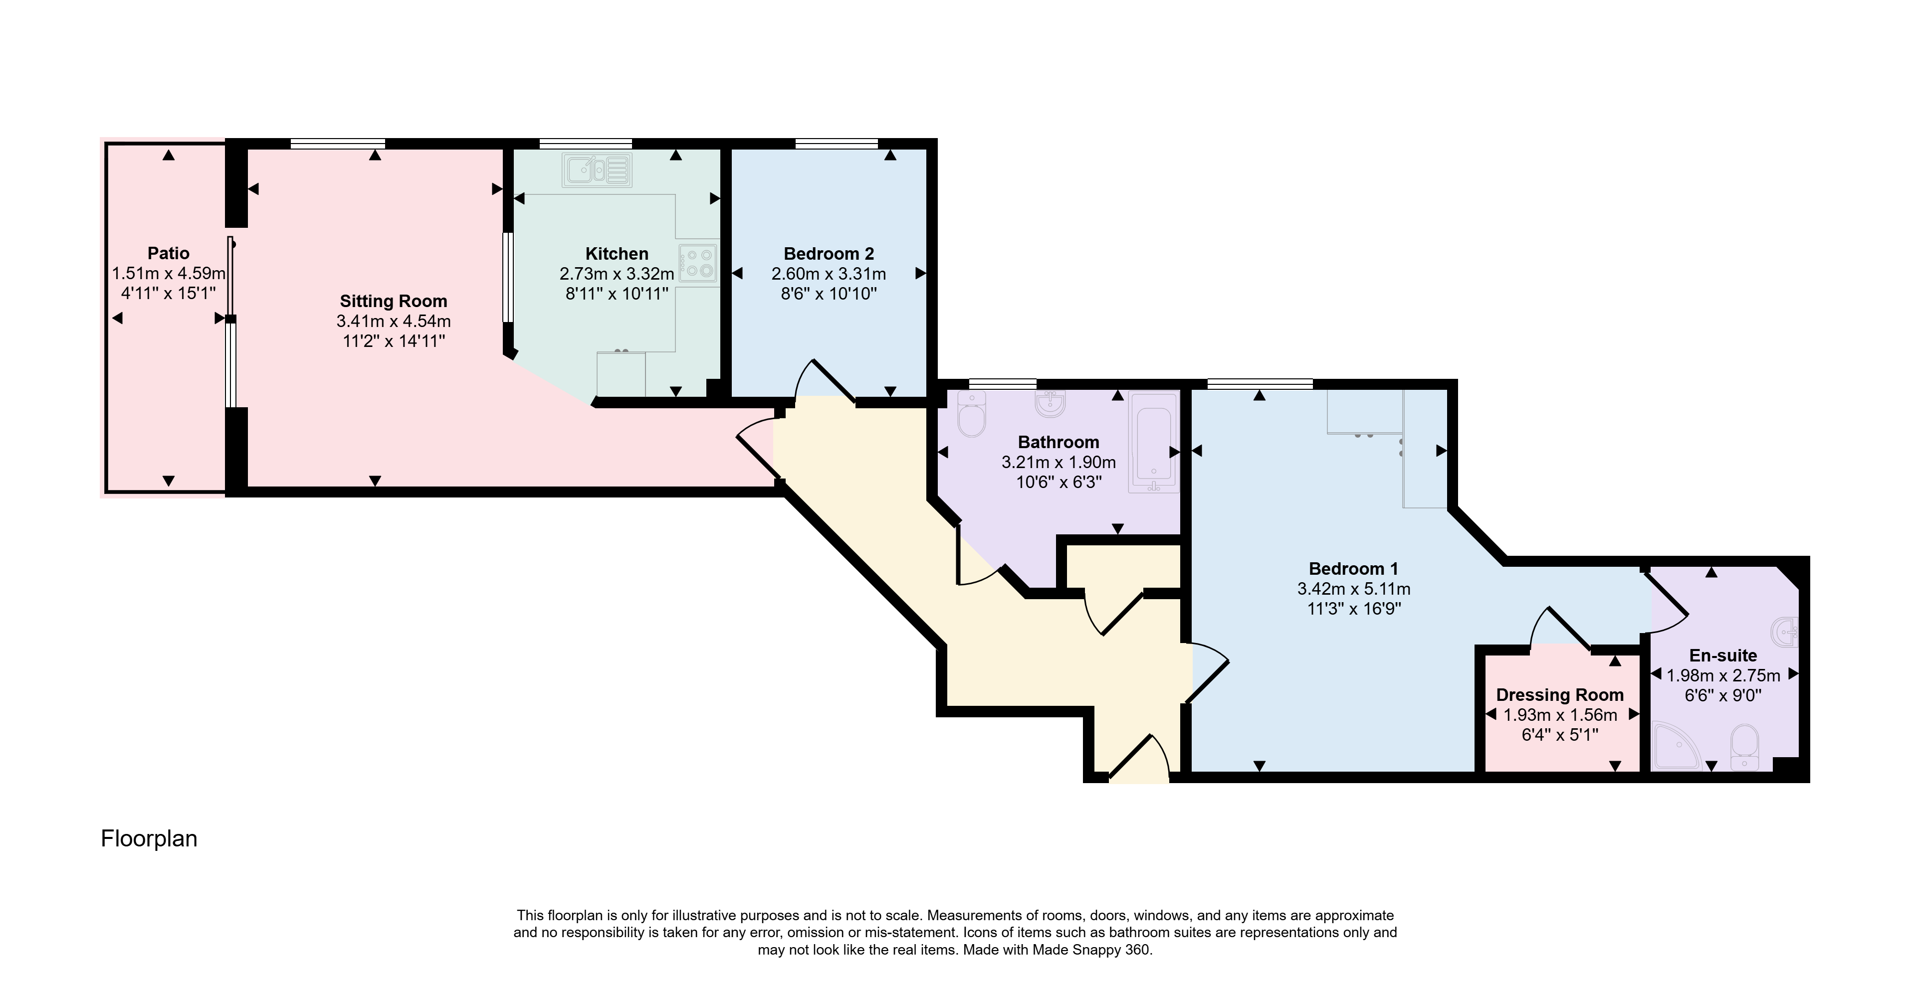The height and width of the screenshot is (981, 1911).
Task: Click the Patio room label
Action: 169,254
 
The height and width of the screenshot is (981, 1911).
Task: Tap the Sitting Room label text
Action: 393,301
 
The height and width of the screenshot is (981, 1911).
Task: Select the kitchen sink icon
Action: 597,170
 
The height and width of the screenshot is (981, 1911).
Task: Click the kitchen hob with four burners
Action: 698,263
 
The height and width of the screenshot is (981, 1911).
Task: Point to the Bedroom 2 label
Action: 829,254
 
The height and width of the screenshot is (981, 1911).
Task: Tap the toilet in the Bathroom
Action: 971,414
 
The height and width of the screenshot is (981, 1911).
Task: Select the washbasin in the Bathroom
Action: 1051,404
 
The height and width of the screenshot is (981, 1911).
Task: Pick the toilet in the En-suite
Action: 1744,748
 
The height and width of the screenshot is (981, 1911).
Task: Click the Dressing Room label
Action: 1559,695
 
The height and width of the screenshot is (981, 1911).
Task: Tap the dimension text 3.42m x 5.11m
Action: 1353,589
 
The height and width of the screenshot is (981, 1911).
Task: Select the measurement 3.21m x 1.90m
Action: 1059,462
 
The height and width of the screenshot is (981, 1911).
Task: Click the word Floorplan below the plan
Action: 149,838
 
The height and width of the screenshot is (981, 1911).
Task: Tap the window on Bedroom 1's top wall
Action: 1260,383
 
